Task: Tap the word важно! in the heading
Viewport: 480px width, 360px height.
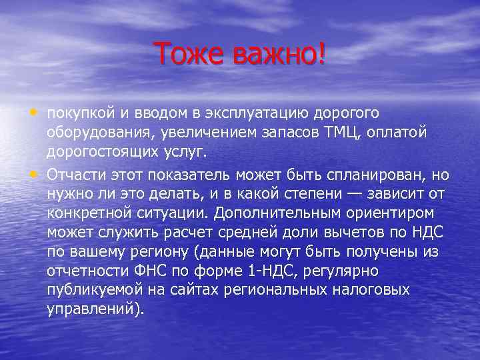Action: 280,54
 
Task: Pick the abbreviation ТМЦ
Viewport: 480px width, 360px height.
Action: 341,133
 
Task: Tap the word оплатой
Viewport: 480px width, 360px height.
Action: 404,133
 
